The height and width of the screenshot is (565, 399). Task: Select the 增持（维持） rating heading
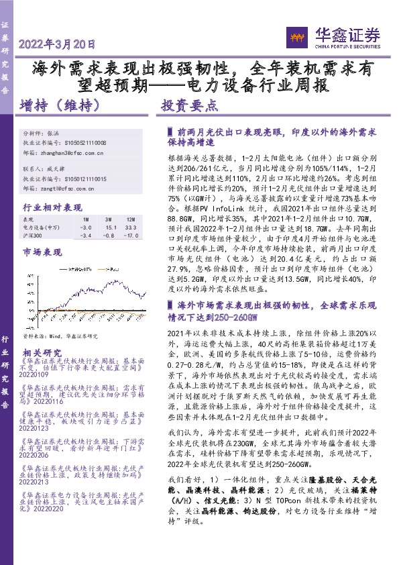(x=60, y=105)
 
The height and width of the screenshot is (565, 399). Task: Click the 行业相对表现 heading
(x=52, y=207)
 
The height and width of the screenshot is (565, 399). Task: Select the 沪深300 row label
(x=33, y=236)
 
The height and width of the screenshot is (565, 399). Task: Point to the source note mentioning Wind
(x=60, y=336)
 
